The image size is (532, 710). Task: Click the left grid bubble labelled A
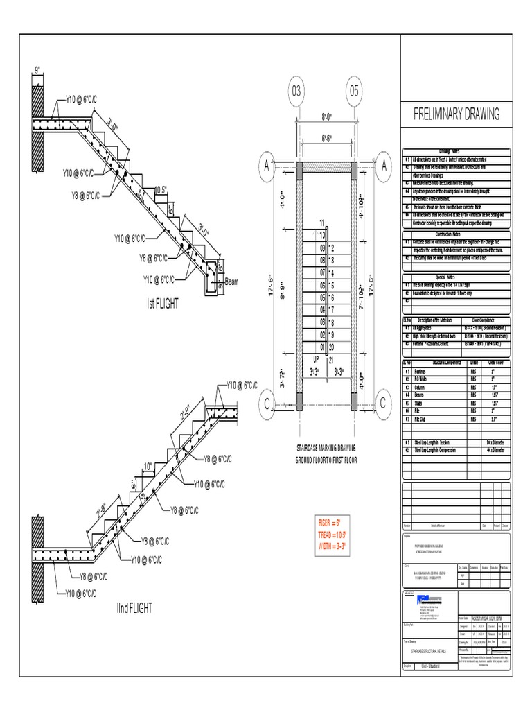pyautogui.click(x=265, y=165)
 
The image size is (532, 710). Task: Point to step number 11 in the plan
pyautogui.click(x=322, y=222)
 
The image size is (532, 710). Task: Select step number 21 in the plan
pyautogui.click(x=331, y=360)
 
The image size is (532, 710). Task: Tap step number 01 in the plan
pyautogui.click(x=322, y=347)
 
